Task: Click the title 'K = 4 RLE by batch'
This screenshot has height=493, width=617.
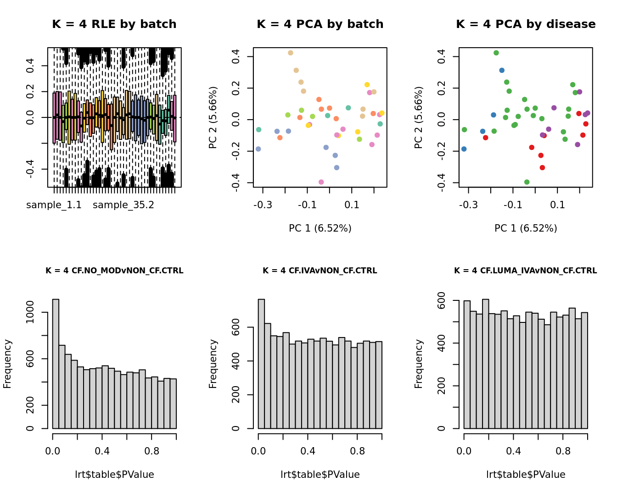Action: (114, 24)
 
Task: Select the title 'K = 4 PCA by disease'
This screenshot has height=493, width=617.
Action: (526, 24)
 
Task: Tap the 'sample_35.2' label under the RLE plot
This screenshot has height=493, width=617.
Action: (123, 205)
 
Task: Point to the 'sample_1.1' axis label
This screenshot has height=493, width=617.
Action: (54, 205)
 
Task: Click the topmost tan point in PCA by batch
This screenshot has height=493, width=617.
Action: (291, 53)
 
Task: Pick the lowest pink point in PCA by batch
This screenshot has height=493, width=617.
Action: (321, 182)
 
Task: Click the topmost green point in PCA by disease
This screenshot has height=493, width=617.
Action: (496, 53)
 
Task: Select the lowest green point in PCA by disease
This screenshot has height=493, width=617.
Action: (527, 182)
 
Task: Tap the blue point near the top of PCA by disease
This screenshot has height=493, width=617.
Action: (502, 70)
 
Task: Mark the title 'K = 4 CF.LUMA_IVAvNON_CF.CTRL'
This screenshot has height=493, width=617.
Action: (526, 271)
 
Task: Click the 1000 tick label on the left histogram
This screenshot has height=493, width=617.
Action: (30, 312)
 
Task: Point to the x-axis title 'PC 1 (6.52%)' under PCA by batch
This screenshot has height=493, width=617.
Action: (320, 228)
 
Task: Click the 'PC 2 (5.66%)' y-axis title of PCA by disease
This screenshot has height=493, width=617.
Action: (418, 117)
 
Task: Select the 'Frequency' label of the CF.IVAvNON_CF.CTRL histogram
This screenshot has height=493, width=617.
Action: (213, 364)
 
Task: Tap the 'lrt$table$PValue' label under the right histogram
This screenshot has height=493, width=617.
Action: (526, 475)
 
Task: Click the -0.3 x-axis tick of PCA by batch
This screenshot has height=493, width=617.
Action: (263, 205)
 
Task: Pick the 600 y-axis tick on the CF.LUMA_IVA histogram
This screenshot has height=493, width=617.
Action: (442, 300)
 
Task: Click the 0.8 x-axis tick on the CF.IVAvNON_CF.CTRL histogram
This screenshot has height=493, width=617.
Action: (357, 451)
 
